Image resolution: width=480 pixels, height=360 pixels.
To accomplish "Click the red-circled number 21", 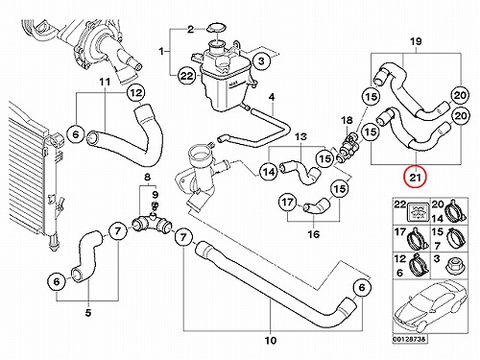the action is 415,177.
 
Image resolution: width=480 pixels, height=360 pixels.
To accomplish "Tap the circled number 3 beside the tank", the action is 261,60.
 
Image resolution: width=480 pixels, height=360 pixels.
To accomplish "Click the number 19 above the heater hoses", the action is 416,41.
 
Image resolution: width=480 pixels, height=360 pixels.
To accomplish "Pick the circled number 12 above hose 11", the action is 136,93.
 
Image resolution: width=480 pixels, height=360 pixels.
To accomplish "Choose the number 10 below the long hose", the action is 271,340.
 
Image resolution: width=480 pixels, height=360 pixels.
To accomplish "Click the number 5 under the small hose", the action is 88,312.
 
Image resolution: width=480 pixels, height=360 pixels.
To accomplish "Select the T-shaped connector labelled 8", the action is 153,224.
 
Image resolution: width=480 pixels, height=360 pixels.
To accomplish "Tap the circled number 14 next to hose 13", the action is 269,172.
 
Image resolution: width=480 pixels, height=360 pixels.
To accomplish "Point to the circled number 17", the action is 287,202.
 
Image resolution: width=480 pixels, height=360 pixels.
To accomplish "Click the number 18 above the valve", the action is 347,121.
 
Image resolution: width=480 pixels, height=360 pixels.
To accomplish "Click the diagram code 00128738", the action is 410,339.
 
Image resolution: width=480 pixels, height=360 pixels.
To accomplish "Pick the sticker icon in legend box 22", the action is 418,211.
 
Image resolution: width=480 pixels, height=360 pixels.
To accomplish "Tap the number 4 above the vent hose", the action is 272,97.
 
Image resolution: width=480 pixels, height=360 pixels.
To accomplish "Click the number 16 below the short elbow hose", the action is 314,234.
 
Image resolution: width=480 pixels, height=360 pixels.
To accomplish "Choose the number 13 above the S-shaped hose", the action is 300,137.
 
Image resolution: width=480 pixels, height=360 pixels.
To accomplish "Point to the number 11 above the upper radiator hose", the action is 105,83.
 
